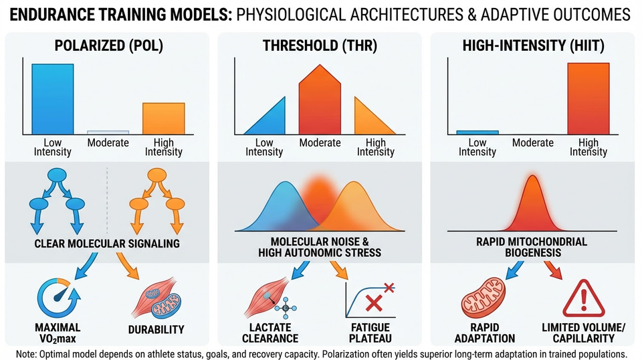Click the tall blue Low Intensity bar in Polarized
[x=52, y=99]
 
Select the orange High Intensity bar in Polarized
[x=163, y=119]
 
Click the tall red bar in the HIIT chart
[x=588, y=98]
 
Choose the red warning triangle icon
[x=578, y=298]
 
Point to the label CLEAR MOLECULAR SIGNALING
[x=107, y=244]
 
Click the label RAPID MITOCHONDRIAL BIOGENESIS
[x=533, y=248]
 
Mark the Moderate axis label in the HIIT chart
[x=533, y=143]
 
